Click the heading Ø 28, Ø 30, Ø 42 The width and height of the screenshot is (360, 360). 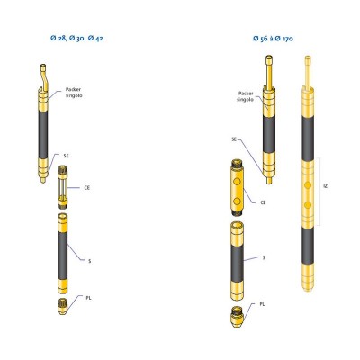(x=76, y=39)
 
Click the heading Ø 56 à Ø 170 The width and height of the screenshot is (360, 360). (x=273, y=39)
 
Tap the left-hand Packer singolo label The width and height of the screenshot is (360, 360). (x=74, y=93)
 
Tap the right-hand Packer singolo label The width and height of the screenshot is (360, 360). (x=246, y=96)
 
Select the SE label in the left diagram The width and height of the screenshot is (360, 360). (x=66, y=156)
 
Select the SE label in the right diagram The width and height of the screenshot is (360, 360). (x=234, y=139)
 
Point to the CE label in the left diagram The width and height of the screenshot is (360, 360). (x=87, y=188)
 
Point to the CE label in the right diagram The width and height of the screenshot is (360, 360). (x=263, y=202)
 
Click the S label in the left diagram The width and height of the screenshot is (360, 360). (x=89, y=261)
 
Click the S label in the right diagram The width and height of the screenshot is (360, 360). (x=264, y=257)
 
